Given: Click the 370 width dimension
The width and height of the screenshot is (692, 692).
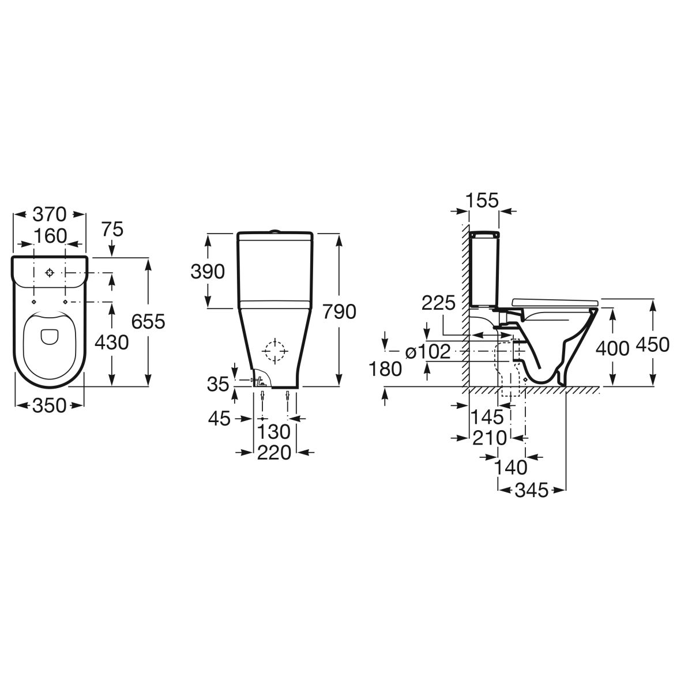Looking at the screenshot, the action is coord(50,215).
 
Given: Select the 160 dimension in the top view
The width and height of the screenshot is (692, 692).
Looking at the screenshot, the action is coord(50,236).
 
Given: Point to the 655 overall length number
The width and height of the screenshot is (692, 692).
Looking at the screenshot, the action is coord(148,321).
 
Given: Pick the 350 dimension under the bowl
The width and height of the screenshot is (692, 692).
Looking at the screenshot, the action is coord(49,406).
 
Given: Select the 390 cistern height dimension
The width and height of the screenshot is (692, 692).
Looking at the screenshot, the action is coord(208,272).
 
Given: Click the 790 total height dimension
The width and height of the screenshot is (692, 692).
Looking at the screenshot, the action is coord(339,311).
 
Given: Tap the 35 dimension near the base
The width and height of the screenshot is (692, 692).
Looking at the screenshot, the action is coord(218,384).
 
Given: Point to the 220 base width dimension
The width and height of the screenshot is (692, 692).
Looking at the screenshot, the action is coord(274,453).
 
